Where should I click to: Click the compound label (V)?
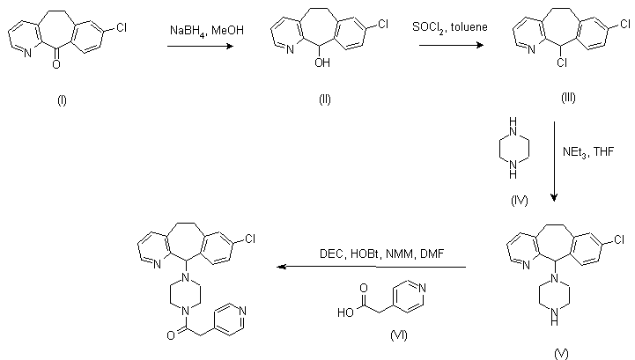click(x=561, y=353)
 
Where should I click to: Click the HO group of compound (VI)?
click(x=344, y=311)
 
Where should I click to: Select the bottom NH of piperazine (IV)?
click(x=519, y=175)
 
